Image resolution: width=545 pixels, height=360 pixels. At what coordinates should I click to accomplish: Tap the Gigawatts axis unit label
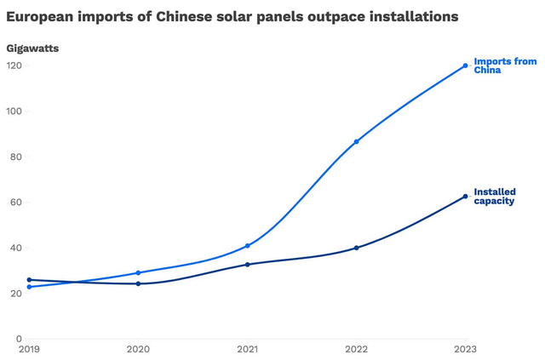[32, 49]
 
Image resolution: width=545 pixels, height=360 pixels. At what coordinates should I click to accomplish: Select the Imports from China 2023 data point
[465, 66]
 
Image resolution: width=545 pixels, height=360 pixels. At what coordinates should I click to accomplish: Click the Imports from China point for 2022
[356, 141]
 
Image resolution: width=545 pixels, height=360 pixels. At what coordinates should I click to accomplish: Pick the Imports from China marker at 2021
[247, 246]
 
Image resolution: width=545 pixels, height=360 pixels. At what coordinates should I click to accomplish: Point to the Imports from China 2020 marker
[138, 273]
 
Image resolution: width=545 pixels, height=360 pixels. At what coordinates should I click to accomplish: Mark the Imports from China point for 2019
[29, 287]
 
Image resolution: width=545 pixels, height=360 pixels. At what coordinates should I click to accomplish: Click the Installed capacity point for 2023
[465, 197]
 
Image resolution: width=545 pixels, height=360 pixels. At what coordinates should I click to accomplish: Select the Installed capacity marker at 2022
[356, 248]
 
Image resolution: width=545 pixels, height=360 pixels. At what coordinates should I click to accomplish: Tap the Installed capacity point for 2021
[247, 265]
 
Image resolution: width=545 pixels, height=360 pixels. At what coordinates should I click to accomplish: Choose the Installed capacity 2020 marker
[138, 283]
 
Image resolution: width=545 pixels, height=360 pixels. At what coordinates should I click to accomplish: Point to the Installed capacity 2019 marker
[29, 280]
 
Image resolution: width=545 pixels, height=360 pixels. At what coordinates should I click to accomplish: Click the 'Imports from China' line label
[505, 66]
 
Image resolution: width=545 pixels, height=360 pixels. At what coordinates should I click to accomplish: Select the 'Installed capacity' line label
[495, 197]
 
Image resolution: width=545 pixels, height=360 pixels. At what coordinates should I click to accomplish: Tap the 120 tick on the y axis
[15, 66]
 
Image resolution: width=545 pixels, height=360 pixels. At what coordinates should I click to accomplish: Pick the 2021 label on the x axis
[247, 350]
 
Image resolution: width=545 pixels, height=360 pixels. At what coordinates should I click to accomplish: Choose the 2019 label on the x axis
[29, 350]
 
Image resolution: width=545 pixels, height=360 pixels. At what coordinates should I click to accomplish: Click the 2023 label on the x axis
[465, 350]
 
